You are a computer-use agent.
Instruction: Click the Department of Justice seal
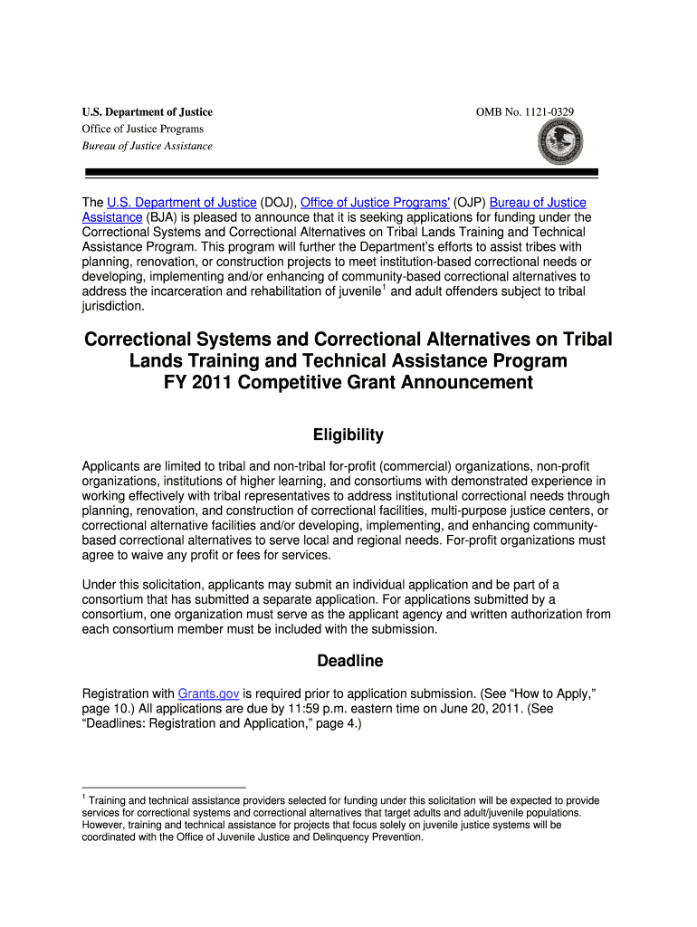[x=560, y=141]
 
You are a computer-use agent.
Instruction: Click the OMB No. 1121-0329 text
[x=524, y=111]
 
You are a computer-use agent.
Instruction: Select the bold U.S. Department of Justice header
[x=147, y=112]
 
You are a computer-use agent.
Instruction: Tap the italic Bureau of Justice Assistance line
[x=147, y=146]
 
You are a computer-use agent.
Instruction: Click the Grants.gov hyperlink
[x=209, y=693]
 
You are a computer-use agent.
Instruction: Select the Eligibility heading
[x=348, y=435]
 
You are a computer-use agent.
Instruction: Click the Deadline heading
[x=348, y=662]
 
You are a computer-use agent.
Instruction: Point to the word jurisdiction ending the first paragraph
[x=113, y=306]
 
